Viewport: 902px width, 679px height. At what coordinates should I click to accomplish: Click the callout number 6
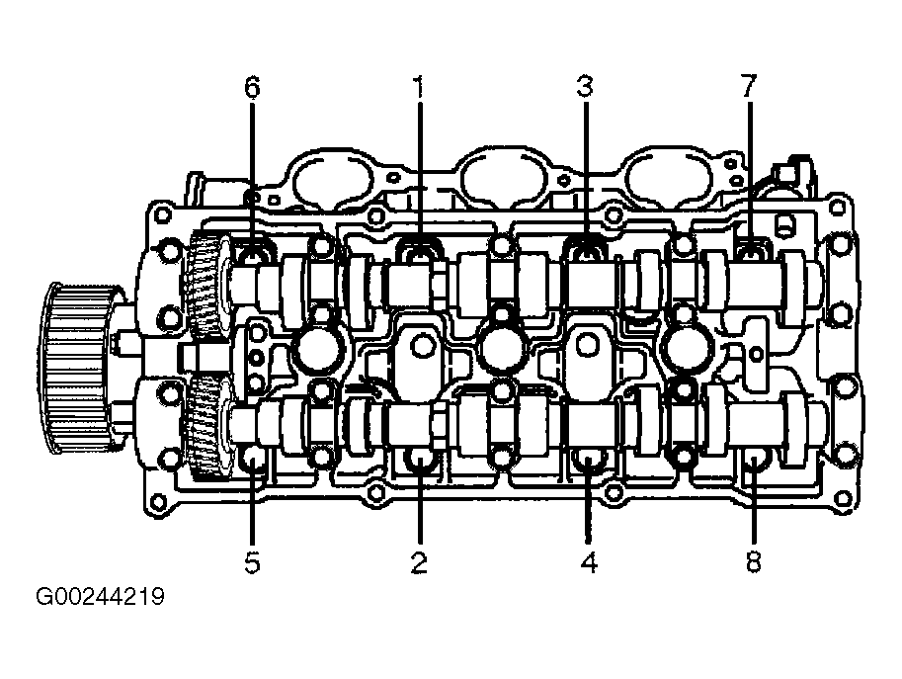pos(252,87)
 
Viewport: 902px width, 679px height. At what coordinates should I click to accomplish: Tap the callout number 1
pos(419,87)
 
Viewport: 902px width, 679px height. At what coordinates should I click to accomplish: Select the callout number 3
pos(585,87)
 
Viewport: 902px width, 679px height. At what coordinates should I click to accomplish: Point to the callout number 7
pos(749,87)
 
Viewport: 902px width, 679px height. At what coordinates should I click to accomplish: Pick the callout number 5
pos(252,562)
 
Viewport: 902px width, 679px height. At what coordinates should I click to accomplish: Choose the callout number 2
pos(419,562)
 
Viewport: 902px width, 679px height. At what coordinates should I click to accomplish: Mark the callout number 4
pos(589,562)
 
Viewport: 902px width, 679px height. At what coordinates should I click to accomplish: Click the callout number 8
pos(753,562)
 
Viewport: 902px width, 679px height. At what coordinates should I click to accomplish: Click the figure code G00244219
pos(100,597)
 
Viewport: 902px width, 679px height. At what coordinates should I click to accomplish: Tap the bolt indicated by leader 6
pos(252,255)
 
